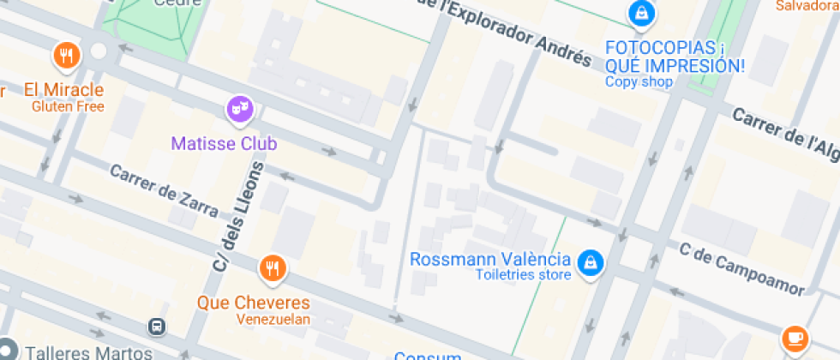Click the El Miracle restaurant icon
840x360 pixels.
coord(67,56)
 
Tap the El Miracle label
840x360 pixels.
coord(63,89)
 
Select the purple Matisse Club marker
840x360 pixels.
coord(240,109)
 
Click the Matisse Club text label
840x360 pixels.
coord(224,143)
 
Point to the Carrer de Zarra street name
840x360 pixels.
coord(163,184)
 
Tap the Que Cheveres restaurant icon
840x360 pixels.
coord(273,267)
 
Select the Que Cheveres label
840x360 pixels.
coord(253,303)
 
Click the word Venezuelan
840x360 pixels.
coord(273,320)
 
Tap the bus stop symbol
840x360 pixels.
coord(156,327)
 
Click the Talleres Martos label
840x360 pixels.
coord(78,351)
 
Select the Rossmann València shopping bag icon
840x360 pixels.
coord(589,262)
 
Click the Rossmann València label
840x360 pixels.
coord(490,259)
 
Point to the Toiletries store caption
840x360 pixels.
coord(523,275)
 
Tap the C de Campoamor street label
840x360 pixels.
coord(741,268)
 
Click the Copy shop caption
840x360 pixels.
coord(639,82)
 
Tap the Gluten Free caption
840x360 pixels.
coord(68,106)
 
